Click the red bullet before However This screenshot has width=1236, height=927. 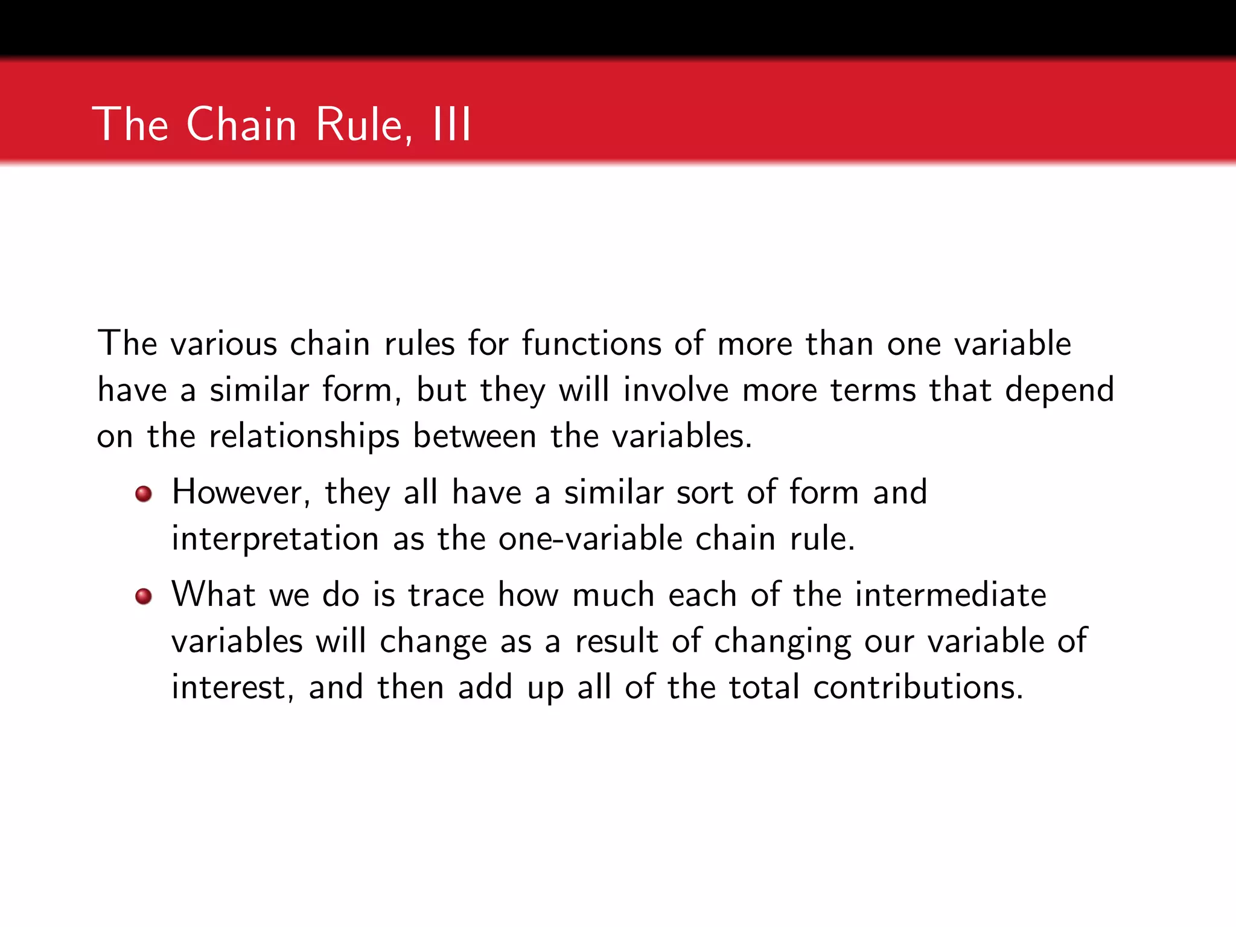(x=144, y=494)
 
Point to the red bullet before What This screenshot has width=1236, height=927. (x=144, y=597)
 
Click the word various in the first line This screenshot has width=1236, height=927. (x=224, y=343)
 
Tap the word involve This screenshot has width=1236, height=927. (x=676, y=390)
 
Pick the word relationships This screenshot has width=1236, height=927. (x=304, y=436)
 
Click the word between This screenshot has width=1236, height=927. (x=474, y=436)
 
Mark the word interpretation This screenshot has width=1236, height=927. (x=275, y=538)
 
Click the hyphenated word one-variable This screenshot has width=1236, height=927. (x=590, y=538)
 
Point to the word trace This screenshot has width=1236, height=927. (x=446, y=594)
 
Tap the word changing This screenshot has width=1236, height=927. (x=783, y=641)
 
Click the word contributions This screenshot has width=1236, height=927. (x=918, y=687)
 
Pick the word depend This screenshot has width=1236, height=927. (x=1059, y=390)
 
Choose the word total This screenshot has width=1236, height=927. (x=764, y=687)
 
